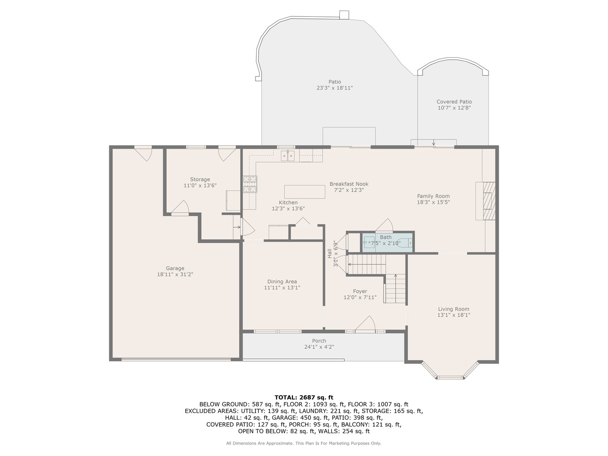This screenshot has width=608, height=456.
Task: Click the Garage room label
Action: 175,268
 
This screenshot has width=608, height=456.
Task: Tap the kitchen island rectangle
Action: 304,192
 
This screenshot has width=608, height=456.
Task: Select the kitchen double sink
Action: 288,156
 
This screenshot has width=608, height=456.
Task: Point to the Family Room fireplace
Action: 485,201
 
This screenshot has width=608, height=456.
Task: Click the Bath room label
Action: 385,237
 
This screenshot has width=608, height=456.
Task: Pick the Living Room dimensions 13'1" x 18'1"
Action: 454,315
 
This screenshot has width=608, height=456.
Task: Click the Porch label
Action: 319,341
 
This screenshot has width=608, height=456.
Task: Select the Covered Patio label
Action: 454,102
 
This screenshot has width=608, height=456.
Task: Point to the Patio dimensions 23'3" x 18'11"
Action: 334,88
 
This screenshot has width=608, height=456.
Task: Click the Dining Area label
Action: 282,281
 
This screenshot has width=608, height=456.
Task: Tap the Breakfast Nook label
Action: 349,184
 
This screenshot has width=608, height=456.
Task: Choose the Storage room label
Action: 200,179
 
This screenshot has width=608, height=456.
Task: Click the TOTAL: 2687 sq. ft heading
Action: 304,398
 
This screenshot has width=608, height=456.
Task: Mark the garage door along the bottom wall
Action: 176,359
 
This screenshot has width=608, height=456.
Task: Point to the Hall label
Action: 330,253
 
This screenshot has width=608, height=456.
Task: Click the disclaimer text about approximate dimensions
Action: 304,443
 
